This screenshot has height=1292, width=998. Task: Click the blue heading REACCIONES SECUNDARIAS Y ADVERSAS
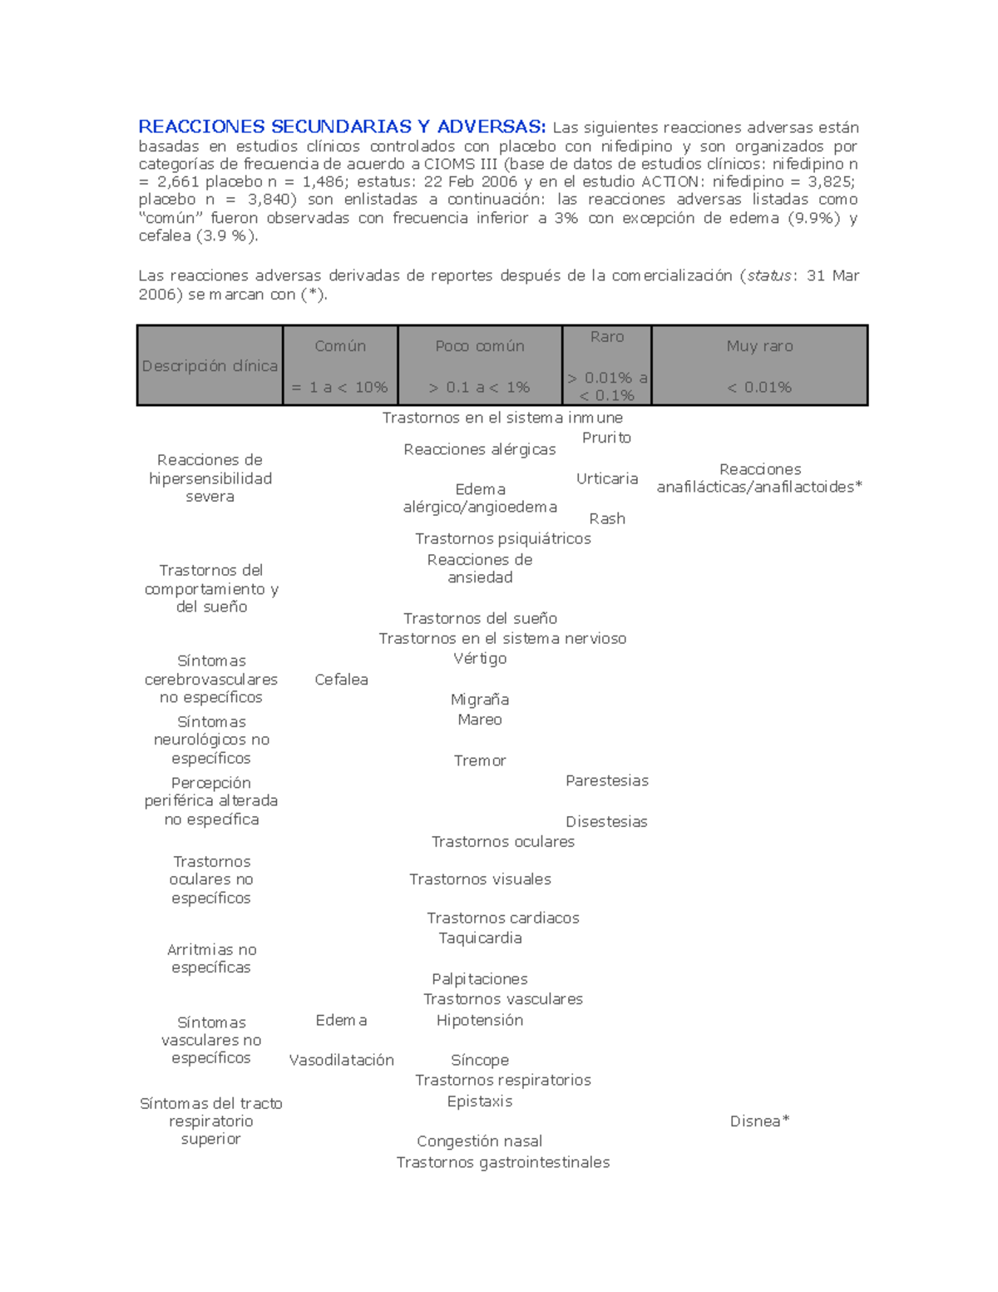coord(342,127)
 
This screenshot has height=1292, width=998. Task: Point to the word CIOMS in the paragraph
coord(448,164)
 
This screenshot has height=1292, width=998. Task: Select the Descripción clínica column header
coord(210,366)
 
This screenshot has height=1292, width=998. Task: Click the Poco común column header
coord(480,346)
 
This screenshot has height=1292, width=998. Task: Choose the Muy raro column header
coord(759,346)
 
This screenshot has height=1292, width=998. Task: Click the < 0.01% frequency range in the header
coord(759,387)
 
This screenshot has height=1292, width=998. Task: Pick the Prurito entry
coord(606,438)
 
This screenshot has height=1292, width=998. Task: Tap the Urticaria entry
coord(607,478)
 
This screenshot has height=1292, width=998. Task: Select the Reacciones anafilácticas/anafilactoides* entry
coord(759,478)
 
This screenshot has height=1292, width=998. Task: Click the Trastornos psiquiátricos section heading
coord(502,539)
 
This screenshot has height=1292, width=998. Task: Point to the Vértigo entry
coord(480,658)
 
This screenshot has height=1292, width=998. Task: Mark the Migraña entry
coord(480,700)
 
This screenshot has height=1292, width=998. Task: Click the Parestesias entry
coord(606,780)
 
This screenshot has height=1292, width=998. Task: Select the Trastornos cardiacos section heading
coord(502,918)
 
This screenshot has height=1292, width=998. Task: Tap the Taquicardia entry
coord(480,938)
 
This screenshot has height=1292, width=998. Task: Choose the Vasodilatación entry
coord(341,1060)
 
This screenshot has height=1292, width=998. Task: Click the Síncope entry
coord(480,1060)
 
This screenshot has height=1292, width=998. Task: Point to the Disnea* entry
coord(759,1121)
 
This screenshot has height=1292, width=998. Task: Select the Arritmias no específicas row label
coord(211,958)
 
